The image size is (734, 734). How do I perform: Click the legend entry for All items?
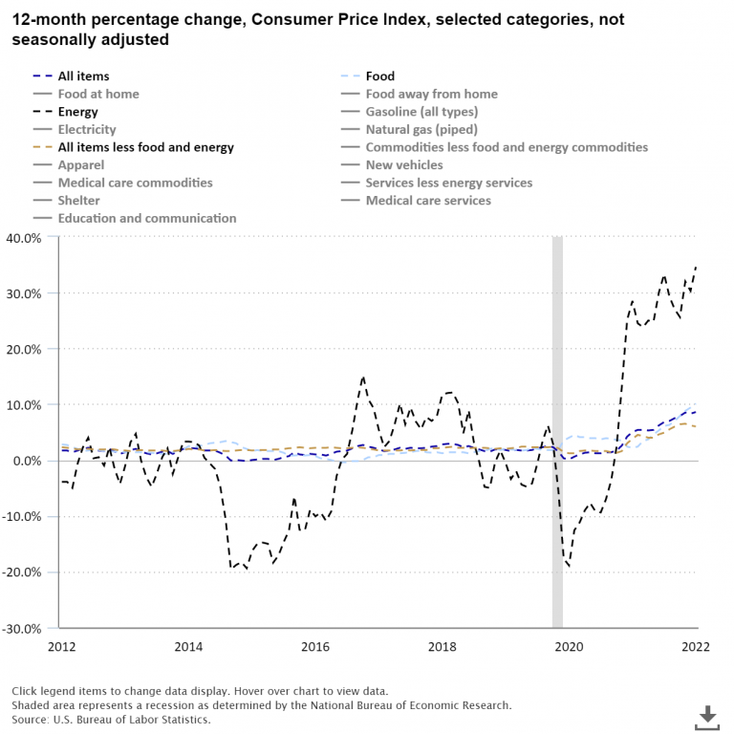tap(83, 76)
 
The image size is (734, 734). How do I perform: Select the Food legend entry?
tap(379, 76)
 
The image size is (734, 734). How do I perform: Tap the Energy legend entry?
tap(77, 112)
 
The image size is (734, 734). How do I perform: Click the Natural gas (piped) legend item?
tap(421, 129)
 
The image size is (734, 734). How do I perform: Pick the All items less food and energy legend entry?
tap(145, 147)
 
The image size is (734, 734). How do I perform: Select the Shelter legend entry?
tap(78, 201)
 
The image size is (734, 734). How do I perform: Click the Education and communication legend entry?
tap(146, 218)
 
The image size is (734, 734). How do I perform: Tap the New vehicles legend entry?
tap(404, 165)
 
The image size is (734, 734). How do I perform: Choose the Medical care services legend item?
tap(428, 201)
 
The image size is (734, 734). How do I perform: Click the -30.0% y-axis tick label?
tap(25, 629)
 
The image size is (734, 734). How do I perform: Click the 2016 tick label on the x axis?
tap(314, 647)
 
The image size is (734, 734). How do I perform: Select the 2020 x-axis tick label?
tap(569, 647)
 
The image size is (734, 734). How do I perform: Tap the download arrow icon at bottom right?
tap(707, 716)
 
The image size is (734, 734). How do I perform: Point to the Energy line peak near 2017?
tap(363, 378)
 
